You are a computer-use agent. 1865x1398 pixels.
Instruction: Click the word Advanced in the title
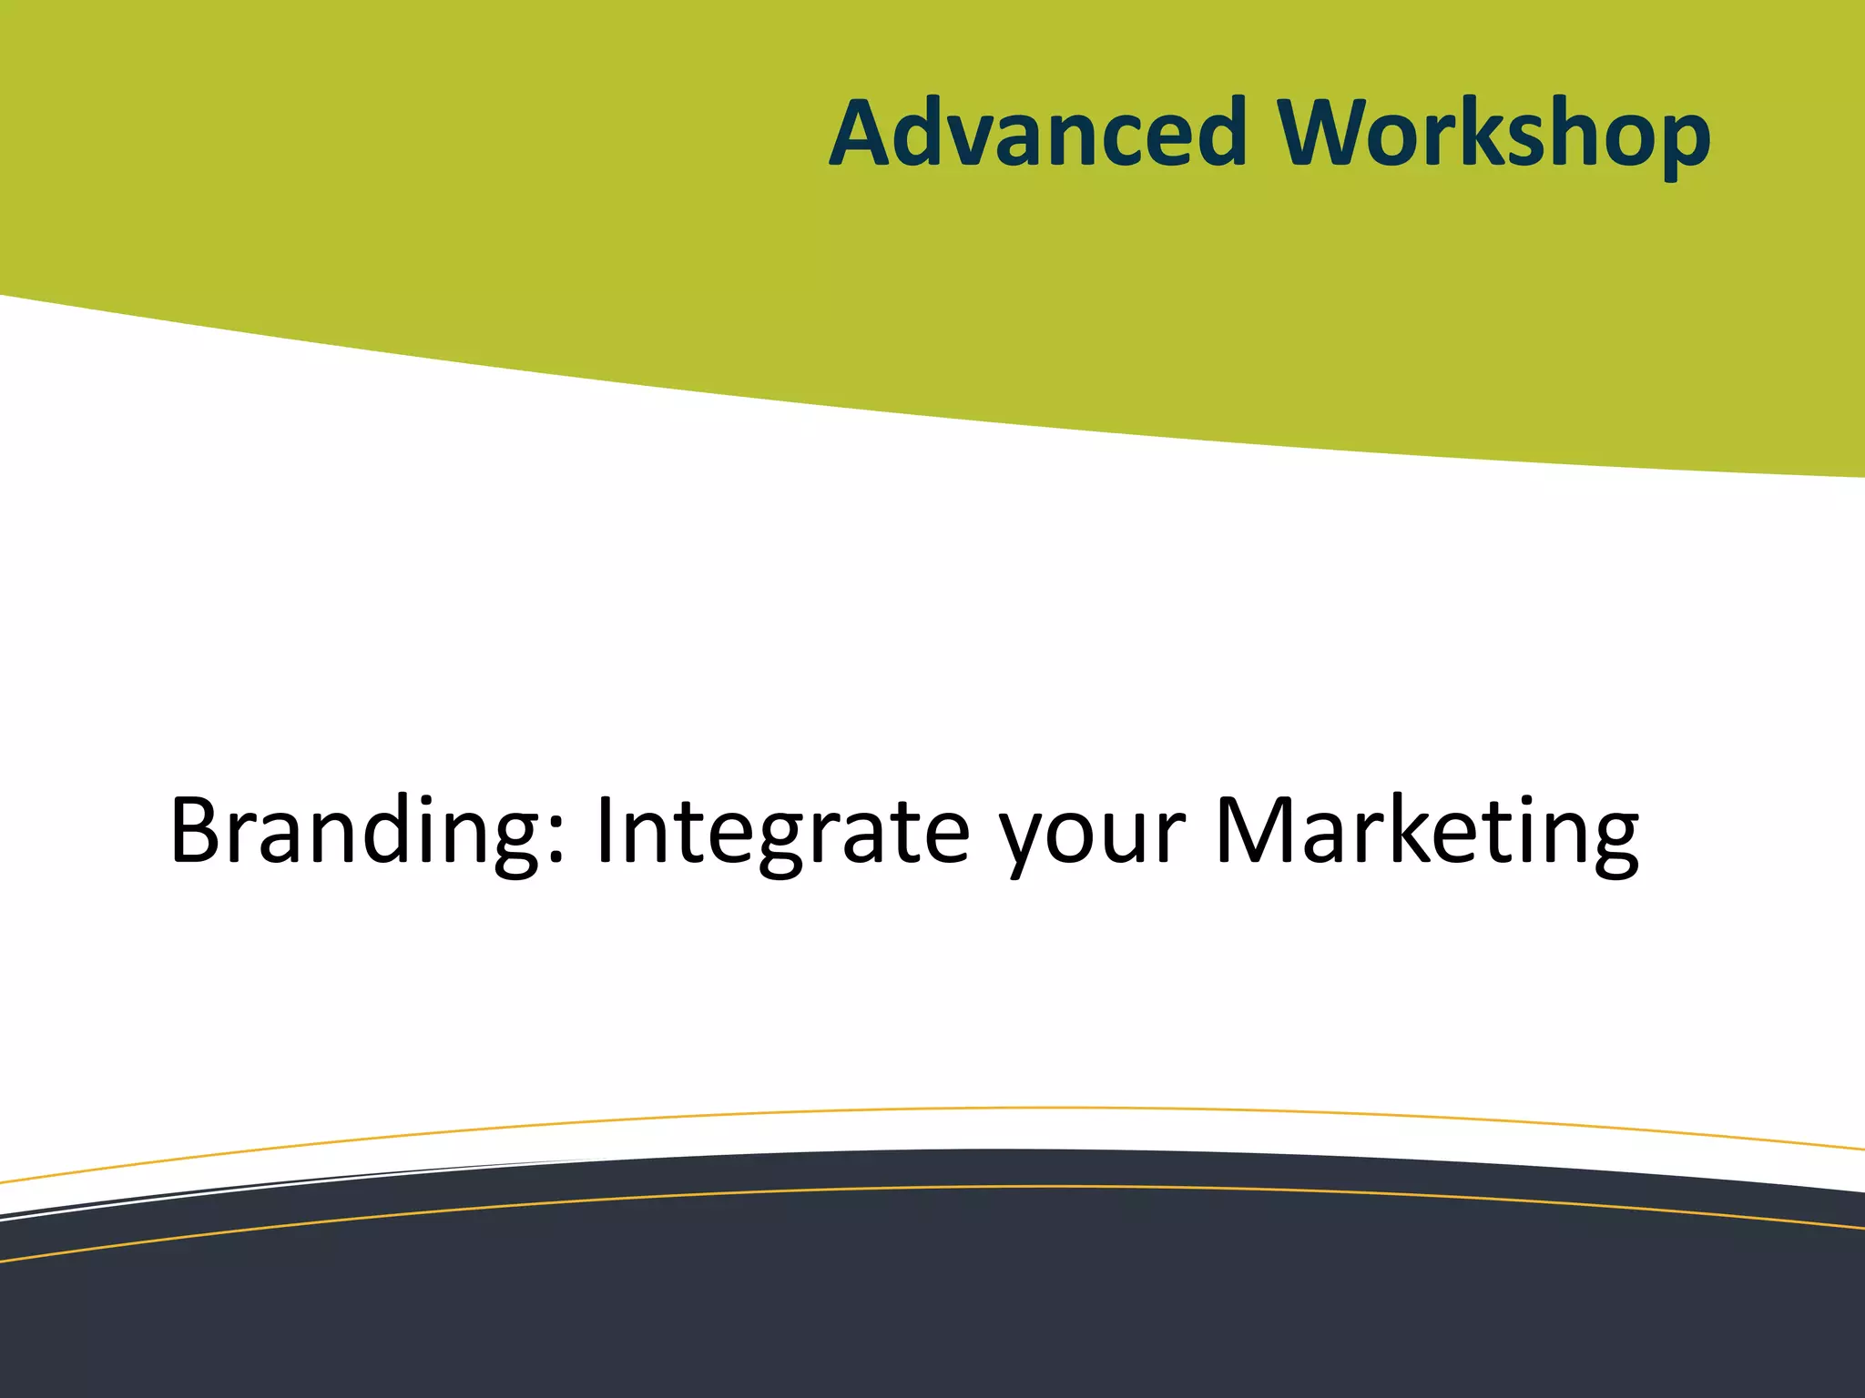[x=1038, y=134]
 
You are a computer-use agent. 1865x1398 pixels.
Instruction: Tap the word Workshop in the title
[x=1493, y=134]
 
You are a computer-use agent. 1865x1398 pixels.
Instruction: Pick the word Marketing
[x=1426, y=830]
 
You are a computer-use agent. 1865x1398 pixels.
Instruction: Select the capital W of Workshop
[x=1331, y=134]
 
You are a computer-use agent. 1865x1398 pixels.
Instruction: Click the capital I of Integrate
[x=605, y=830]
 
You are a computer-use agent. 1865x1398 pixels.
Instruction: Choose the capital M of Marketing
[x=1256, y=830]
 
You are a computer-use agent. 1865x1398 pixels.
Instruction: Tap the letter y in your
[x=1026, y=842]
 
